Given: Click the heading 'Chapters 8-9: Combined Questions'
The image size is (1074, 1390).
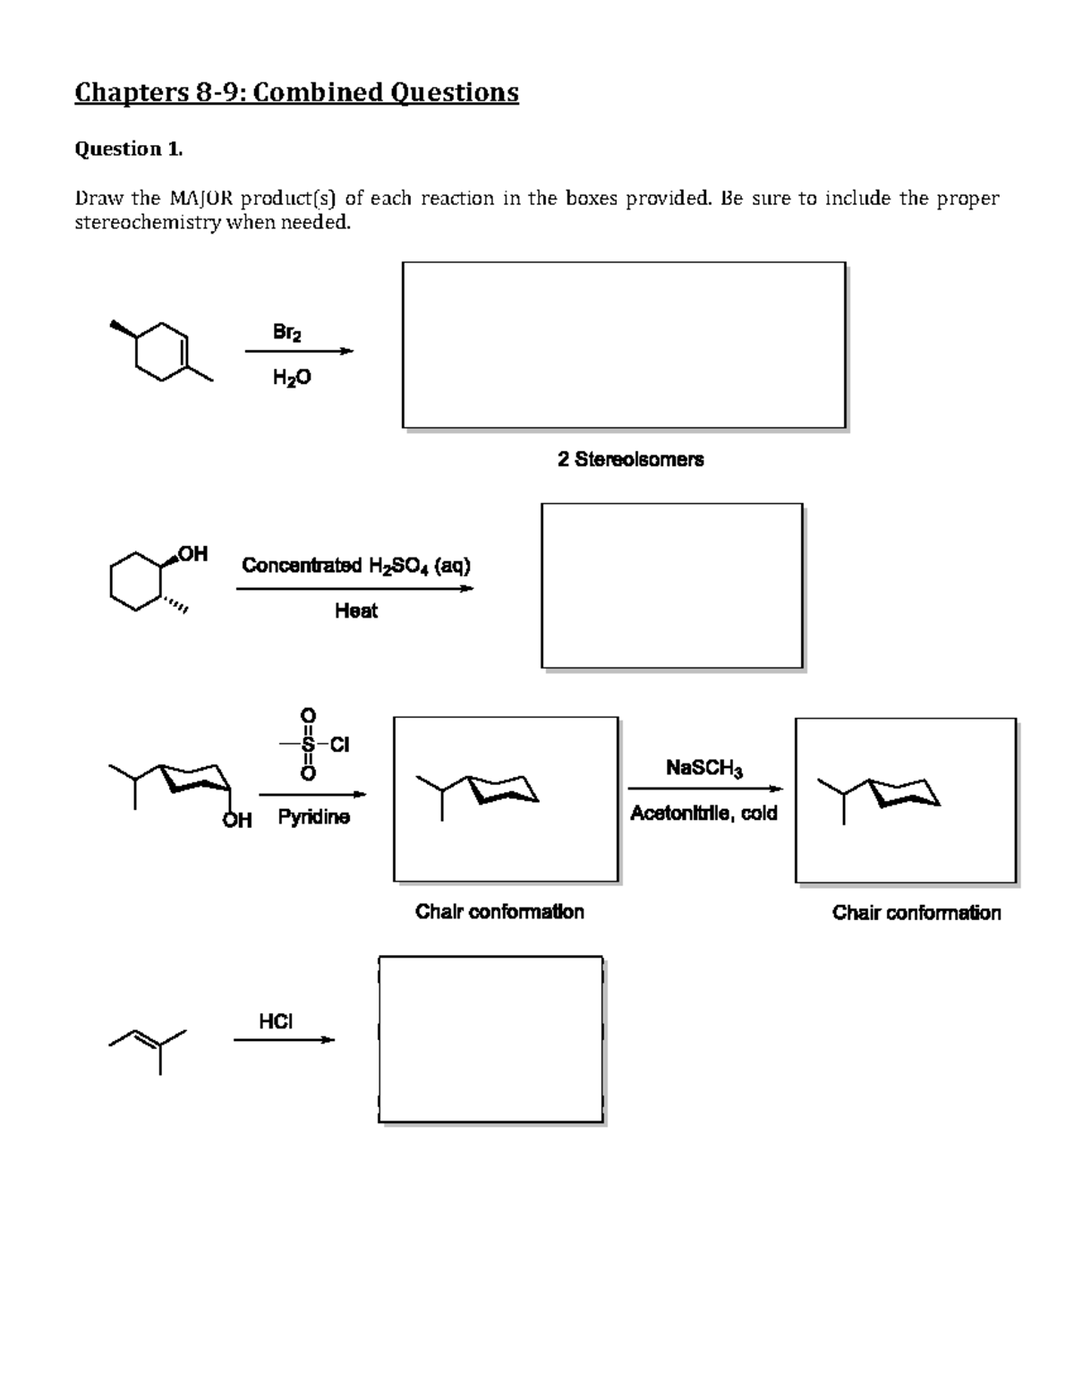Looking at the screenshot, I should click(x=296, y=92).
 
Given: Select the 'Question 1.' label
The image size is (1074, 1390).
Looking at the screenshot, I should click(x=128, y=149).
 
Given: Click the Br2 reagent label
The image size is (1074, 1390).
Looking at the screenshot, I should click(x=286, y=332).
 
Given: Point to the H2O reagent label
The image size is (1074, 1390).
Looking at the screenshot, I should click(x=292, y=378).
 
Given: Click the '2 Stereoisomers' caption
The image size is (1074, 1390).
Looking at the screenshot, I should click(x=630, y=459).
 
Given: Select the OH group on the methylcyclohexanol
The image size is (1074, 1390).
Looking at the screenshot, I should click(x=192, y=554).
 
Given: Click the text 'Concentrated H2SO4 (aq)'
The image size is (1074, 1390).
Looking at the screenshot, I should click(x=355, y=566).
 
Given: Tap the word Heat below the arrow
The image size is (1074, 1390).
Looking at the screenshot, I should click(x=355, y=611).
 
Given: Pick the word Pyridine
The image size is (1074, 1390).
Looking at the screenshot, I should click(x=313, y=817).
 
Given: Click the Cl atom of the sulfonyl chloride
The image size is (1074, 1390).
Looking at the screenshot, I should click(x=339, y=745).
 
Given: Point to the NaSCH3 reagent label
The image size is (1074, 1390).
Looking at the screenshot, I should click(x=703, y=768).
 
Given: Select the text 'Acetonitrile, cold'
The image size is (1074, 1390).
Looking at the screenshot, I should click(x=703, y=814).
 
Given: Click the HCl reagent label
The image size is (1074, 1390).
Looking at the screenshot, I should click(x=276, y=1021).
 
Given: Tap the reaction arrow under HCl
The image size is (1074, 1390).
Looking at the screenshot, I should click(x=284, y=1040).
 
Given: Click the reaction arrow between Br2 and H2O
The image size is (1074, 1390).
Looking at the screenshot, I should click(x=299, y=352).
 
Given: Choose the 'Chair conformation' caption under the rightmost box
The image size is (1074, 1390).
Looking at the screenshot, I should click(x=916, y=913).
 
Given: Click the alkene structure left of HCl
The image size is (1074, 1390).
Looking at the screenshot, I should click(x=149, y=1045).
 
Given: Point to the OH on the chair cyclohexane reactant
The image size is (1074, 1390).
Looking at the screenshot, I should click(x=237, y=820).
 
